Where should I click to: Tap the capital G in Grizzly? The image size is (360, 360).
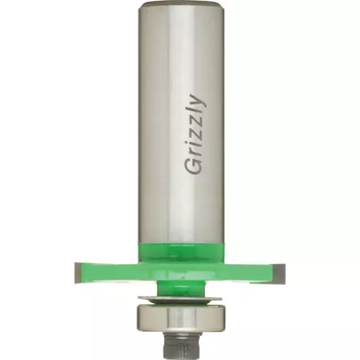(193, 166)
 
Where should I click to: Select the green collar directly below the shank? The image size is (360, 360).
(181, 252)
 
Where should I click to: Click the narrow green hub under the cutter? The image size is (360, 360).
(181, 288)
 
